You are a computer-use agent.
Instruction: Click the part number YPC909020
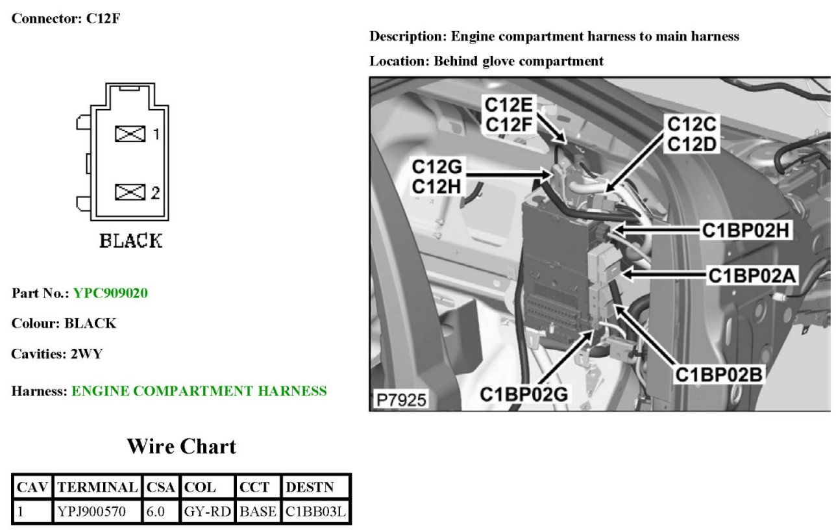[110, 294]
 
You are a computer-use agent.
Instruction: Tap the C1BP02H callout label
[746, 229]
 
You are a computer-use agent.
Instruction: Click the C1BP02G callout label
[524, 394]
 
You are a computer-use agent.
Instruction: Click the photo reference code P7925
[400, 399]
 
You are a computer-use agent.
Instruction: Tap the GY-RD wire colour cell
[208, 511]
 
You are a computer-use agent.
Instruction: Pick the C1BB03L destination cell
[316, 511]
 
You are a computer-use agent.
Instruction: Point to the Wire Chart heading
[181, 446]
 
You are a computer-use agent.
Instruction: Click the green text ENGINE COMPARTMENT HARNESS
[199, 391]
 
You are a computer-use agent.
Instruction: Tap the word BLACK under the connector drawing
[130, 241]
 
